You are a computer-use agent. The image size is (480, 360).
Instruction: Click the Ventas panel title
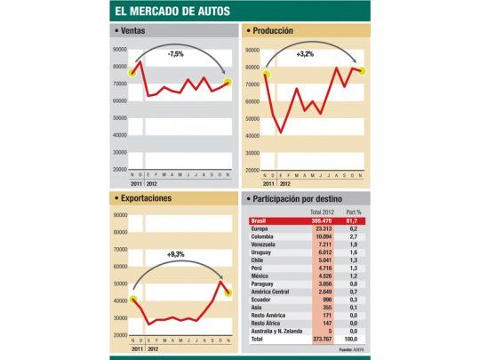click(132, 31)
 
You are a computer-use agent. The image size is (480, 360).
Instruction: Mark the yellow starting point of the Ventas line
click(133, 72)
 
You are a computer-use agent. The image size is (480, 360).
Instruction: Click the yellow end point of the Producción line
click(363, 71)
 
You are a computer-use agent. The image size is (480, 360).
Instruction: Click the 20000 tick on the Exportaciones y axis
click(119, 334)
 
